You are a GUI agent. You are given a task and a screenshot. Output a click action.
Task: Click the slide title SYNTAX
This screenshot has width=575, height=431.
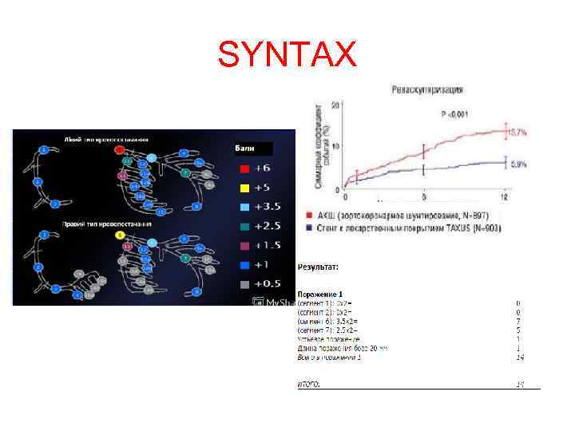287,55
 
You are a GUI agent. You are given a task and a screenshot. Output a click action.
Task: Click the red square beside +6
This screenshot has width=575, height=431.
244,169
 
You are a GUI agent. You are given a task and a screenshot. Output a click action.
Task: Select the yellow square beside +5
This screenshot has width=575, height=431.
244,188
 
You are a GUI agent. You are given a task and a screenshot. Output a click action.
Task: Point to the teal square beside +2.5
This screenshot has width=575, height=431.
244,227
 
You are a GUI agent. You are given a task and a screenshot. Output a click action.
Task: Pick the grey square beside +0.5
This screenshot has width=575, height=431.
244,284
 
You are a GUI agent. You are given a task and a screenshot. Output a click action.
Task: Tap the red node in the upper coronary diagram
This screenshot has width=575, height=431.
119,149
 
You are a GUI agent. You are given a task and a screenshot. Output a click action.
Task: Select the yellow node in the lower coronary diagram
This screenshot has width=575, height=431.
119,235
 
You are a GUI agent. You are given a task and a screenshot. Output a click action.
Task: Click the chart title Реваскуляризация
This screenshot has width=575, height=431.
427,90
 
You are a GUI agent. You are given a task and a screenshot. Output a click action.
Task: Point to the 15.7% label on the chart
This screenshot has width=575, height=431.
518,132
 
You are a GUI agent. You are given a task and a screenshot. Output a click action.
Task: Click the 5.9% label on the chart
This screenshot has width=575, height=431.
517,164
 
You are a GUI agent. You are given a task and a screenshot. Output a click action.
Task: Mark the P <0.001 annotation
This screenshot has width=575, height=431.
456,114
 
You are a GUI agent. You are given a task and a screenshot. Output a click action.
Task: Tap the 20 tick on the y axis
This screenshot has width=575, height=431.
336,105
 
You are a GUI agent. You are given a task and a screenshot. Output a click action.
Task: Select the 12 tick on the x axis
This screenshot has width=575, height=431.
505,196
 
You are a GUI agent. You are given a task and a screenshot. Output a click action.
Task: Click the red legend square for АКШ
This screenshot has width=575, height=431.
310,215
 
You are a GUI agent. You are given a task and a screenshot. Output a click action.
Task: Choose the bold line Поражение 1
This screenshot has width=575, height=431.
319,295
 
